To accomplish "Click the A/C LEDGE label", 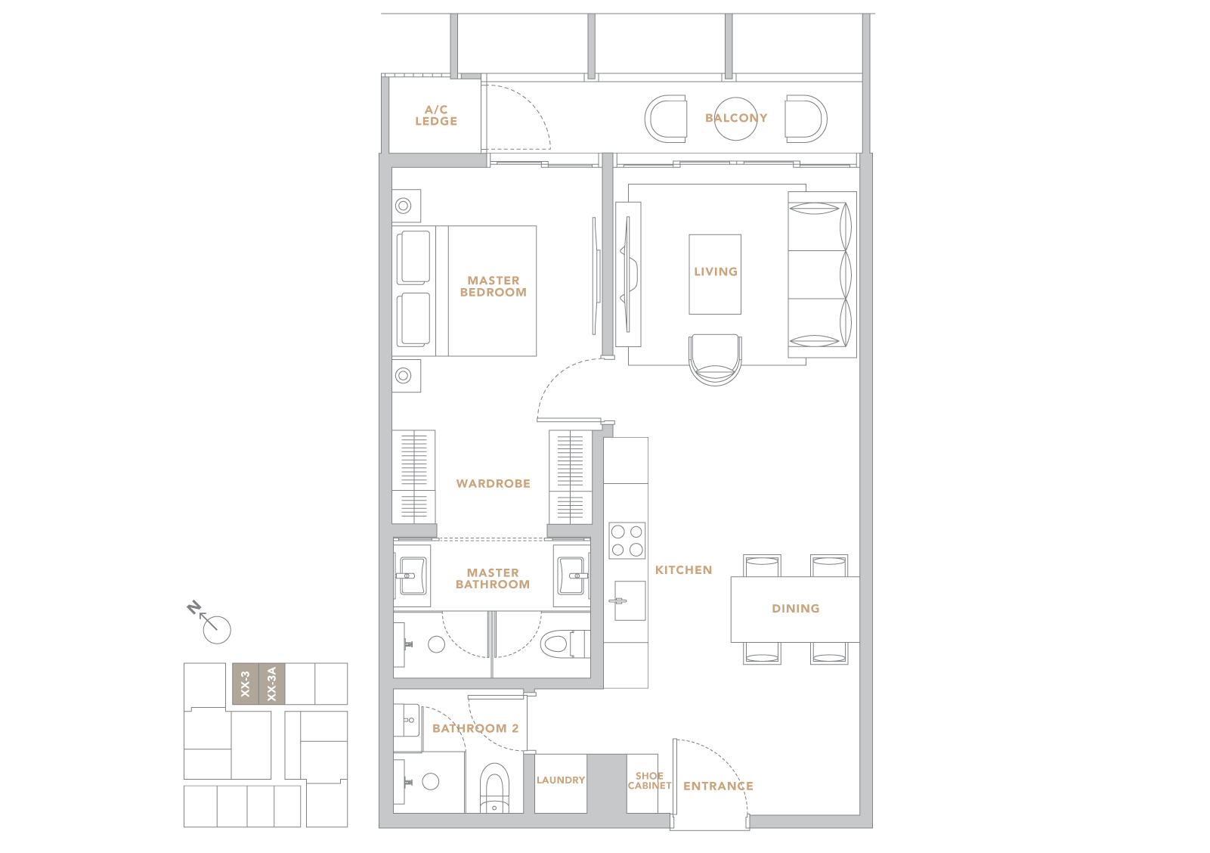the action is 436,116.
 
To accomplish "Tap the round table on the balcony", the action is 735,119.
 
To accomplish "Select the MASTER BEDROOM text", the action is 494,287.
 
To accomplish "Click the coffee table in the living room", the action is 715,274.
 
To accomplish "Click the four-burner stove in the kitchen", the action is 627,540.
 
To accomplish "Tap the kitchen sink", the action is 630,600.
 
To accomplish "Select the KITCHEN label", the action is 683,569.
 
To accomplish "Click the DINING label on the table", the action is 796,609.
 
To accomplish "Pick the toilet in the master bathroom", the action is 565,644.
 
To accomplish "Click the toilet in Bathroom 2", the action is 494,788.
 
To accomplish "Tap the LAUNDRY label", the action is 561,780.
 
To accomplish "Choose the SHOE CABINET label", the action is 649,780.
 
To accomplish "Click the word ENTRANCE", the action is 718,786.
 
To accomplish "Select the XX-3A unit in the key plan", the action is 272,684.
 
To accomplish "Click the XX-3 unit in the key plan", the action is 245,684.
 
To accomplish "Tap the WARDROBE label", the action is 494,483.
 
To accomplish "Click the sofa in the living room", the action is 822,275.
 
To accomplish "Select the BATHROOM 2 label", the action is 475,728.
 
